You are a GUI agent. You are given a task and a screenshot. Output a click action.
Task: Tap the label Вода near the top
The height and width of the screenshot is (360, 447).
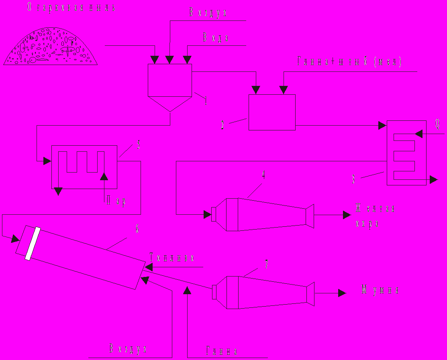pos(216,38)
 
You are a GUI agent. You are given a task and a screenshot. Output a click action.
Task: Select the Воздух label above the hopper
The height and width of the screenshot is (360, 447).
pos(208,12)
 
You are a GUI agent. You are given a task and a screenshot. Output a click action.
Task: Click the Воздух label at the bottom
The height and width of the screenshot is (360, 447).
pos(127,349)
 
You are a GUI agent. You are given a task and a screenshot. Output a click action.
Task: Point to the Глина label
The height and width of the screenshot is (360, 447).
pos(222,352)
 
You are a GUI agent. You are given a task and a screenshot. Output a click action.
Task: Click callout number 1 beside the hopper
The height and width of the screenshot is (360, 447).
pos(206,101)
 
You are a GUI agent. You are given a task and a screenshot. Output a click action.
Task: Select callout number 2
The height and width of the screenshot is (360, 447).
pos(222,125)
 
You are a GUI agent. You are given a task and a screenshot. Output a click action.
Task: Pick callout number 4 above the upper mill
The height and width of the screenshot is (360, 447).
pos(263,174)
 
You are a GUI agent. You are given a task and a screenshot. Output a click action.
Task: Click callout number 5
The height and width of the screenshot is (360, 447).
pos(139,145)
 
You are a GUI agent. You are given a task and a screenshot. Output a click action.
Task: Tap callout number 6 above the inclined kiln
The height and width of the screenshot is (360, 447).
pos(137,229)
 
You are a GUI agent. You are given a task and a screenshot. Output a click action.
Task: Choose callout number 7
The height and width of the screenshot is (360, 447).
pos(266,264)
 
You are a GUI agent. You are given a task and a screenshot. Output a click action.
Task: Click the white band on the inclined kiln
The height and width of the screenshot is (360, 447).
pos(33,244)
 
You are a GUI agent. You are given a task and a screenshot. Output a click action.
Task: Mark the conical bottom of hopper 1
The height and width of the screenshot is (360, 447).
pos(170,104)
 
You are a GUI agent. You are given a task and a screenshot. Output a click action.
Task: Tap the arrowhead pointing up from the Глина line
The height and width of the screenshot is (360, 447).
pos(188,289)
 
